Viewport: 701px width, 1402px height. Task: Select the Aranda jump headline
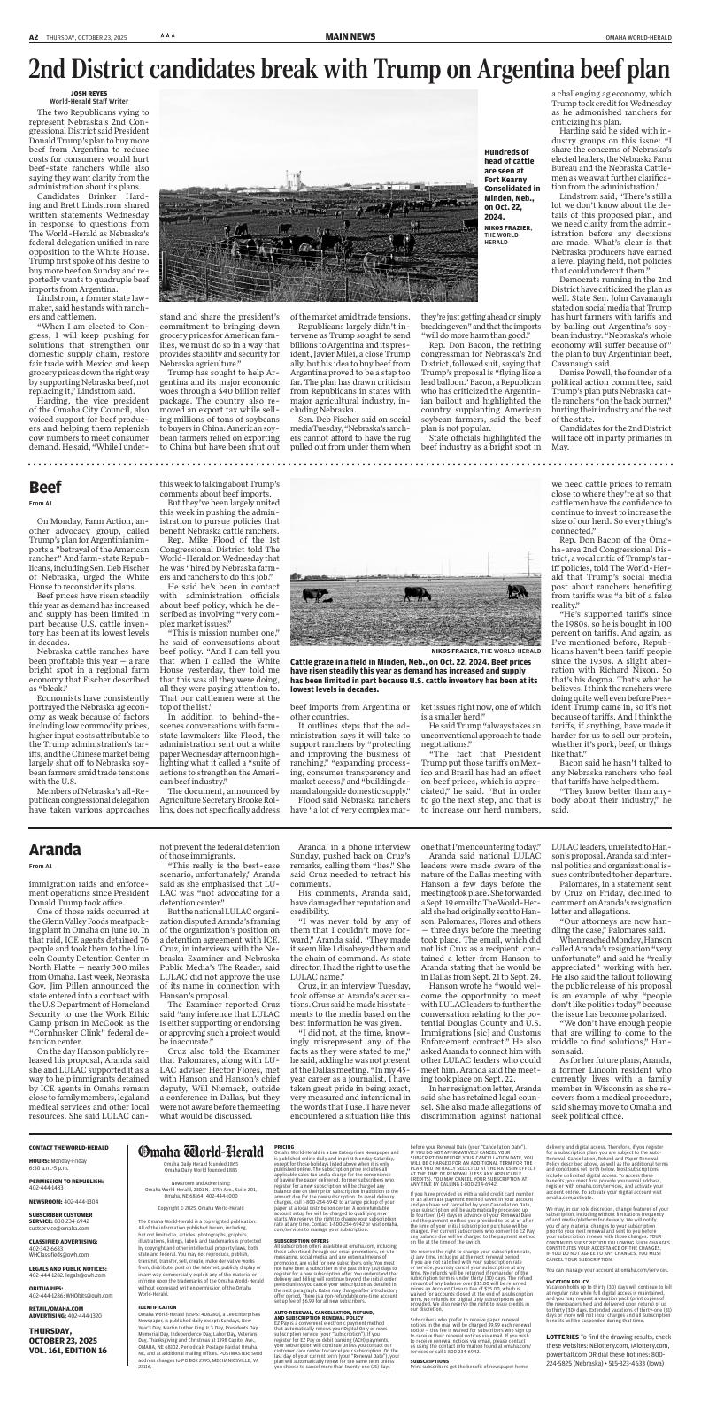tap(55, 850)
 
